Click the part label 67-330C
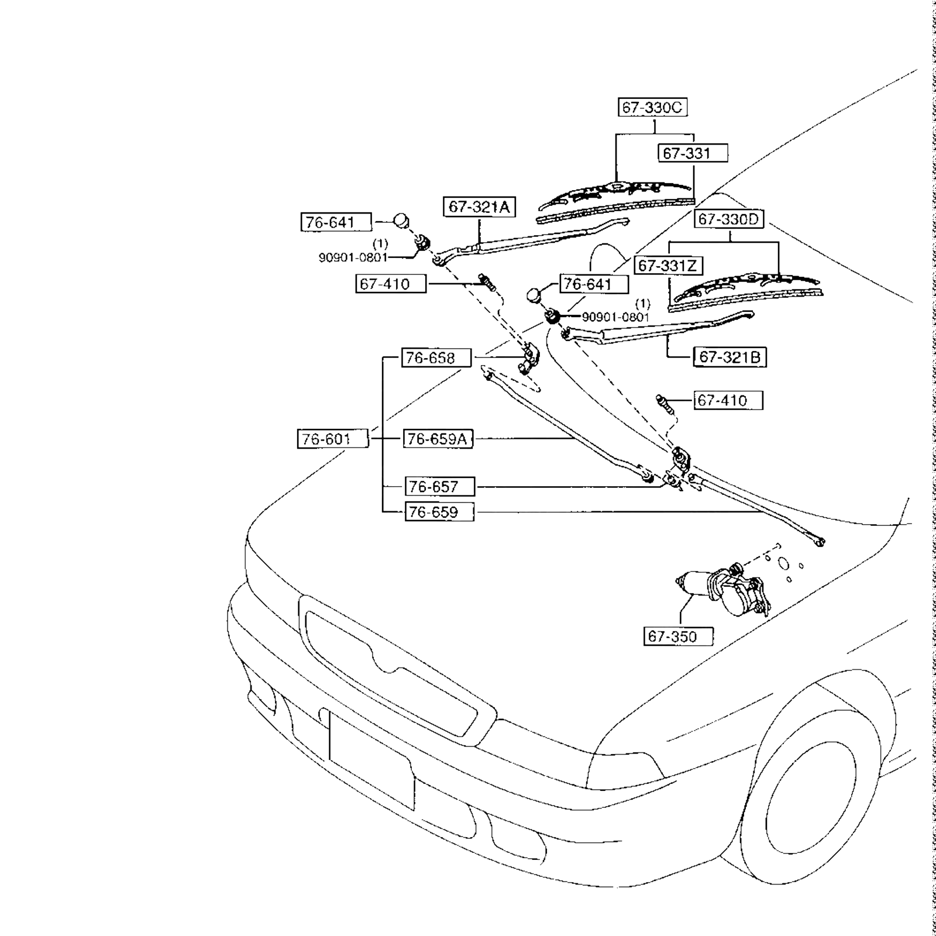(652, 108)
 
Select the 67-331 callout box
(693, 153)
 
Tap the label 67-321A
(479, 207)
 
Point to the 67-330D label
(729, 219)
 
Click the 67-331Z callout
(668, 266)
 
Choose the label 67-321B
(729, 357)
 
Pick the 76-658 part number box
(436, 358)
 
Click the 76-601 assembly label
(333, 439)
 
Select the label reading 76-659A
(438, 439)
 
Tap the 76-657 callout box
(439, 487)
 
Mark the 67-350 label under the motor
(678, 636)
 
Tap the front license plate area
(371, 760)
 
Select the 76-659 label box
(439, 512)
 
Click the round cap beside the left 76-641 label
(401, 221)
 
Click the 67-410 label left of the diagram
(390, 284)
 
